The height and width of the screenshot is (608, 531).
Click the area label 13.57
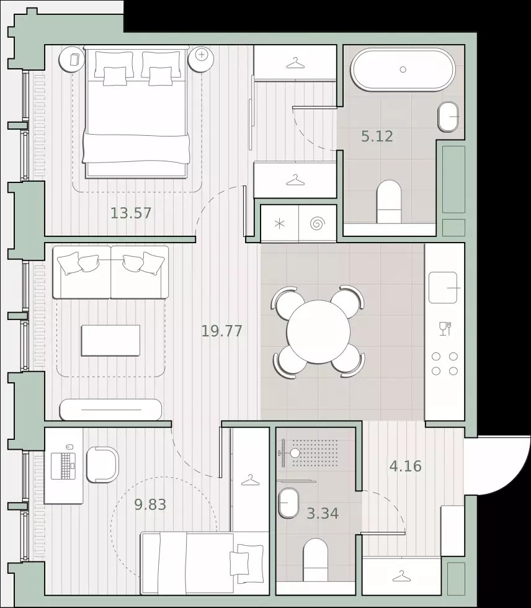pyautogui.click(x=131, y=213)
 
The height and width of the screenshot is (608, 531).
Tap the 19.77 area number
pyautogui.click(x=221, y=331)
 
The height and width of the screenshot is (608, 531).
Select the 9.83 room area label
pyautogui.click(x=150, y=504)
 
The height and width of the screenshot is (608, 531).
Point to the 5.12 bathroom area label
pyautogui.click(x=377, y=136)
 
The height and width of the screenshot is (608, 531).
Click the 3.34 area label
pyautogui.click(x=323, y=514)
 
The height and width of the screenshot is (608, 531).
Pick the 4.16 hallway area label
pyautogui.click(x=406, y=466)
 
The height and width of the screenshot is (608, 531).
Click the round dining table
pyautogui.click(x=318, y=331)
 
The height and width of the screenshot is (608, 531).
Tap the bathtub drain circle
pyautogui.click(x=403, y=69)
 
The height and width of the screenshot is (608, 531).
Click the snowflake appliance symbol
pyautogui.click(x=279, y=224)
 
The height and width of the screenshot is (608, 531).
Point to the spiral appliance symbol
pyautogui.click(x=318, y=224)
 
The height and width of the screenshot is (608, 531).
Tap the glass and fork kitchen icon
pyautogui.click(x=445, y=328)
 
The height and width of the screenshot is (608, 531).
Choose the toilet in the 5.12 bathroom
pyautogui.click(x=389, y=202)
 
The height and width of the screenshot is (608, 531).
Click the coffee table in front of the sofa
pyautogui.click(x=110, y=341)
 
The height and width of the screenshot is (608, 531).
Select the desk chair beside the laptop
pyautogui.click(x=102, y=465)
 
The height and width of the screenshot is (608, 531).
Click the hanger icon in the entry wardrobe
pyautogui.click(x=401, y=576)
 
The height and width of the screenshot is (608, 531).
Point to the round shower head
pyautogui.click(x=295, y=453)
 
